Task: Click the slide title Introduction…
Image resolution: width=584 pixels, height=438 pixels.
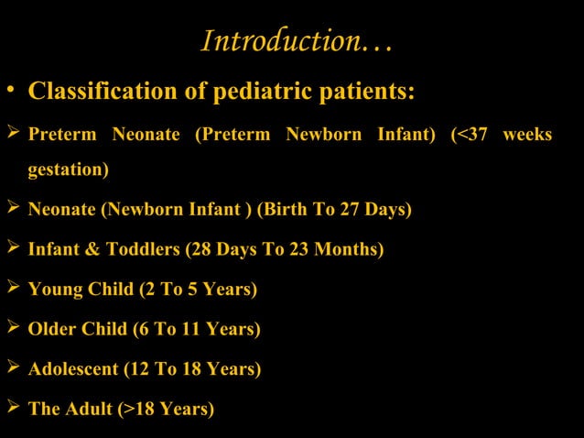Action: click(297, 41)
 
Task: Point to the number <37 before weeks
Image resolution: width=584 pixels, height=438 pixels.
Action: click(470, 135)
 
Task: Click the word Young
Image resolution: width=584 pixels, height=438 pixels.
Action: click(52, 290)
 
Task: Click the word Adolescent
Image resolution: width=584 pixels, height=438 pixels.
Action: click(73, 369)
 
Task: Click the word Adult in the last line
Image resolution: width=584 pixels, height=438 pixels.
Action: click(89, 409)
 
